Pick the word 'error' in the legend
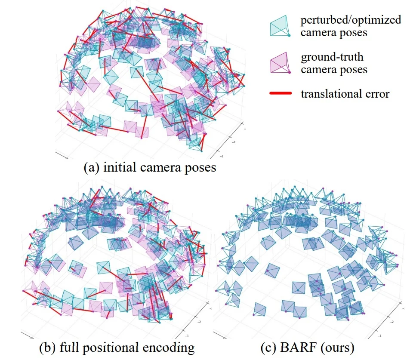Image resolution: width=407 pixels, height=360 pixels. click(x=377, y=93)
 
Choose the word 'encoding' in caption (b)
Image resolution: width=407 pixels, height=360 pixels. click(x=173, y=347)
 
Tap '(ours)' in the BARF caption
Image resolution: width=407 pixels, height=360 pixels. click(x=331, y=347)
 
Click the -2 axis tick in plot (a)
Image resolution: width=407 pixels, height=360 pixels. click(x=234, y=141)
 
